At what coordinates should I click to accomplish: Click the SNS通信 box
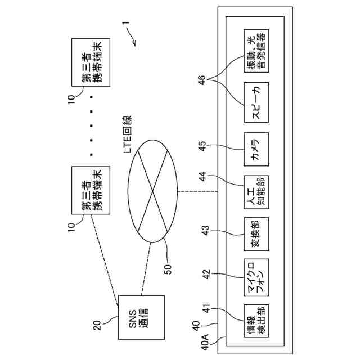tap(141, 318)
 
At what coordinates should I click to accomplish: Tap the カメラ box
tap(256, 149)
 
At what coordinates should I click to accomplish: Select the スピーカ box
tap(256, 102)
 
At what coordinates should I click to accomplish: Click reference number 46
tap(202, 79)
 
